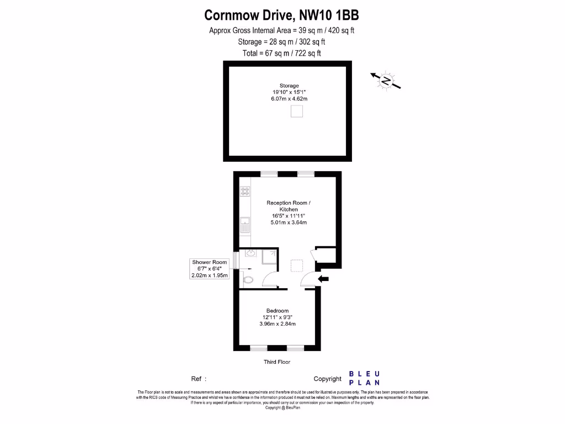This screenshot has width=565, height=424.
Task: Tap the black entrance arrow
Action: [324, 279]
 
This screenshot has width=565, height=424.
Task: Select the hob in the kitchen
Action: [244, 191]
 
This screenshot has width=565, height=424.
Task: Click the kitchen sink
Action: [244, 225]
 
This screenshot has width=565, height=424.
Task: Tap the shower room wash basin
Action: [250, 253]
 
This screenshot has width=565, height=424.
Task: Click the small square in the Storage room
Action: [297, 112]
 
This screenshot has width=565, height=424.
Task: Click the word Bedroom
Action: [278, 310]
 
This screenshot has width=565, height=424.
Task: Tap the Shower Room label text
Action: [209, 262]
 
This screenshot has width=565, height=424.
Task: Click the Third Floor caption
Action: [277, 362]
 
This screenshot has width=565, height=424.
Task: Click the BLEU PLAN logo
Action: [364, 378]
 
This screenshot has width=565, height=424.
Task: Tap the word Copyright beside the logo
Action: [328, 379]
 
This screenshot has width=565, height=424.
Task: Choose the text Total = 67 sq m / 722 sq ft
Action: [281, 54]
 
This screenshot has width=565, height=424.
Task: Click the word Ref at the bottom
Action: [197, 379]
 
